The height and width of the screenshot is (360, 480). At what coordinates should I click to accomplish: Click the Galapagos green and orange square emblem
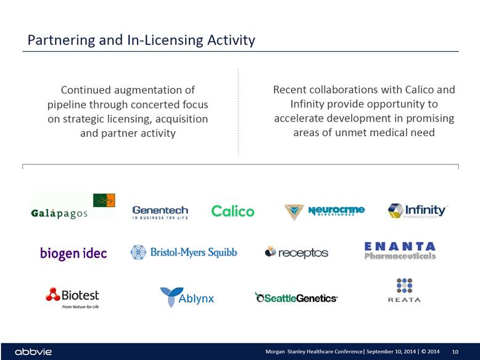coord(104,200)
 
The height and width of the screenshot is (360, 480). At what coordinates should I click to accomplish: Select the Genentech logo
coord(160,212)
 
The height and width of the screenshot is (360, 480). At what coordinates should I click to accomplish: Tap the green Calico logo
coord(233,211)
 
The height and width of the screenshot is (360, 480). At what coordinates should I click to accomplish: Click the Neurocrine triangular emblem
coord(294,211)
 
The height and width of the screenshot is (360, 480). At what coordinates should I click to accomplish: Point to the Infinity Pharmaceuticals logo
coord(418,211)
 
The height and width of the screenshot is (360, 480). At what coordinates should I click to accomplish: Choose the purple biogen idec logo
coord(73,253)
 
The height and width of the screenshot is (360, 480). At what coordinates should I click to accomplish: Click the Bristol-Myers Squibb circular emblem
coord(138,252)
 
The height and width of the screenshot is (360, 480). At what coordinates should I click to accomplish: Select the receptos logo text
coord(303,253)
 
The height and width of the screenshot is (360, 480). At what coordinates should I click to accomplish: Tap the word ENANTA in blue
coord(400,247)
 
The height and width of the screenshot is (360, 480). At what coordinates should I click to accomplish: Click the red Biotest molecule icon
coord(53,294)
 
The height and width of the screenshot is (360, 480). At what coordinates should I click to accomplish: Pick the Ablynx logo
coord(187,297)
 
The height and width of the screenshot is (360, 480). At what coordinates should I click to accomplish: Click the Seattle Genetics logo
coord(296,298)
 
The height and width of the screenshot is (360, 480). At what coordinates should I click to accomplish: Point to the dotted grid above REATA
coord(404,285)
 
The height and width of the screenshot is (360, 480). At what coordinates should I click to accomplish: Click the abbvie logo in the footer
coord(33,352)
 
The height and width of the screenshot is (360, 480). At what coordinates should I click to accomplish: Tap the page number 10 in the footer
coord(455,352)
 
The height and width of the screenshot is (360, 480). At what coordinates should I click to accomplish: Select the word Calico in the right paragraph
coord(420,89)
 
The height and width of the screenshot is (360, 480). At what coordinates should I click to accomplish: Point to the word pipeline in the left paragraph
coord(67,105)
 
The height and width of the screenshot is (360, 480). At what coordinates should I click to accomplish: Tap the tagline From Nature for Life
coord(80,306)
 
